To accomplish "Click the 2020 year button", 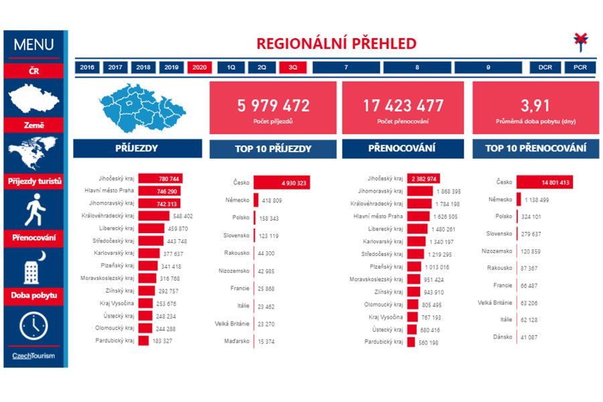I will [x=199, y=68].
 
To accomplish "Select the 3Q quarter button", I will [x=293, y=68].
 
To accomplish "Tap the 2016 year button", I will [x=86, y=68].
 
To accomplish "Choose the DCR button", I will [x=545, y=68].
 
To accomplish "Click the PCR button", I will [x=580, y=68].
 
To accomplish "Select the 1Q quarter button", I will [x=231, y=68].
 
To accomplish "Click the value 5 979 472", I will [x=273, y=105].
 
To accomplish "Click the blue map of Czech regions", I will [x=141, y=107].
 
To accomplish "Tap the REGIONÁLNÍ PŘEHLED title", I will [x=336, y=44].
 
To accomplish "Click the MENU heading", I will [x=33, y=46].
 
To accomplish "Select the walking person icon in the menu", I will [x=33, y=212].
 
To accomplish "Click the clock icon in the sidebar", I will [x=33, y=326].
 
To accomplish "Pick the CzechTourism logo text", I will [x=33, y=356].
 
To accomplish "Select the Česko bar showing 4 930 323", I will [x=281, y=183].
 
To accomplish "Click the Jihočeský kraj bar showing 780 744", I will [x=161, y=179].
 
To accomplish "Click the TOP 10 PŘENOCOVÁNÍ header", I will [x=536, y=149].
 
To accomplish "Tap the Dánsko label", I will [x=503, y=337].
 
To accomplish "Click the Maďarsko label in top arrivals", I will [x=237, y=341].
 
